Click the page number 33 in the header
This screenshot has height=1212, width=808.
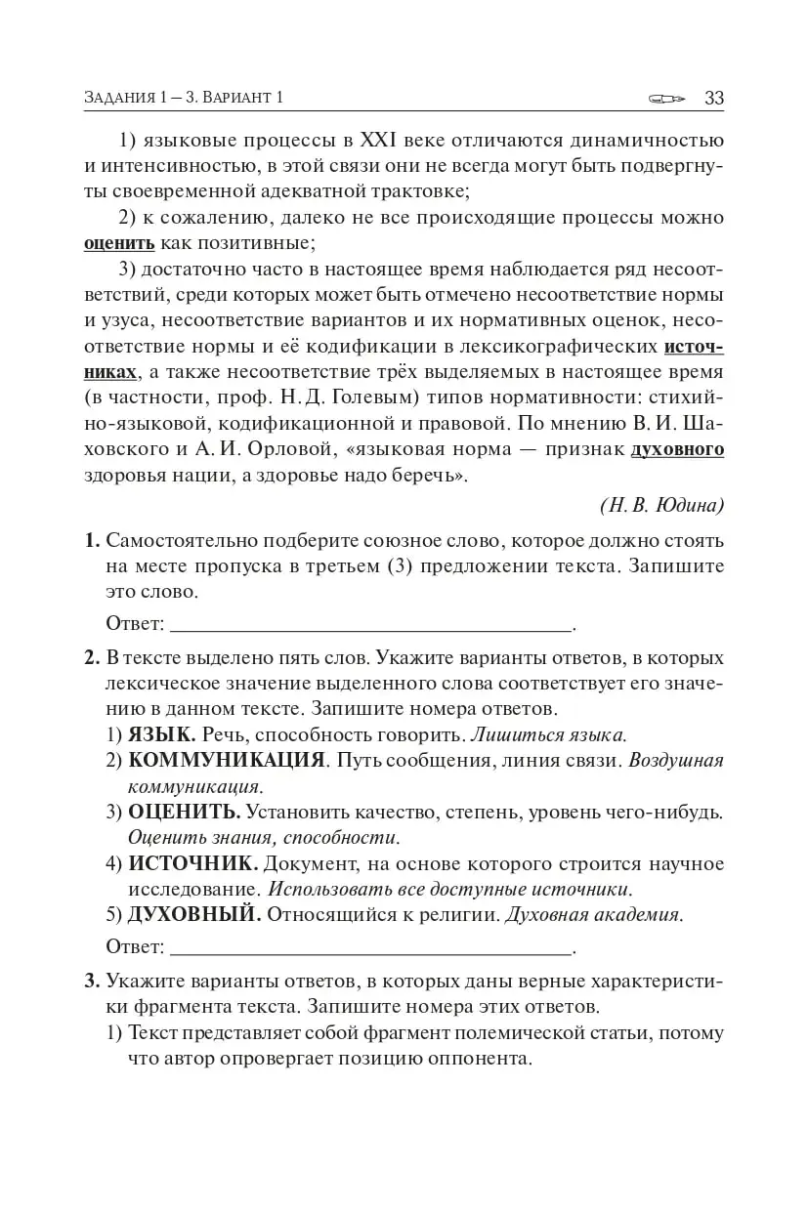point(713,98)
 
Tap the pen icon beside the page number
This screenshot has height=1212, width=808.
point(668,99)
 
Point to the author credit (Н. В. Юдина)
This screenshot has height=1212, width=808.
point(661,505)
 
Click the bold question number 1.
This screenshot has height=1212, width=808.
point(92,541)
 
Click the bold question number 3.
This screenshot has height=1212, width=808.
point(92,981)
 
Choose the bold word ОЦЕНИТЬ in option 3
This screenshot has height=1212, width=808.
point(185,812)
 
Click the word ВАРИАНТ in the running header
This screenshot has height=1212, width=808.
point(235,99)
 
